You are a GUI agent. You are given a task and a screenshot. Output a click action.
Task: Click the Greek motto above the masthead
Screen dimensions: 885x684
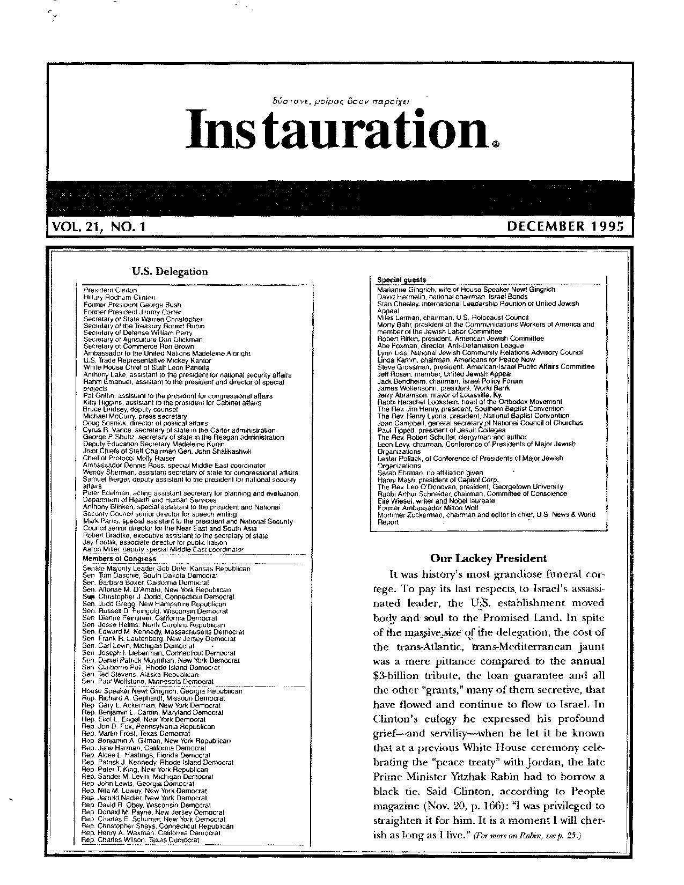(x=341, y=100)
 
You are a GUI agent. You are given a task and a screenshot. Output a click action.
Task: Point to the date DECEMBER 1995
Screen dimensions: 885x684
(x=566, y=226)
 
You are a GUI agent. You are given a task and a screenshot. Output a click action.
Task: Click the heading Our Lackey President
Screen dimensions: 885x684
(x=489, y=558)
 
